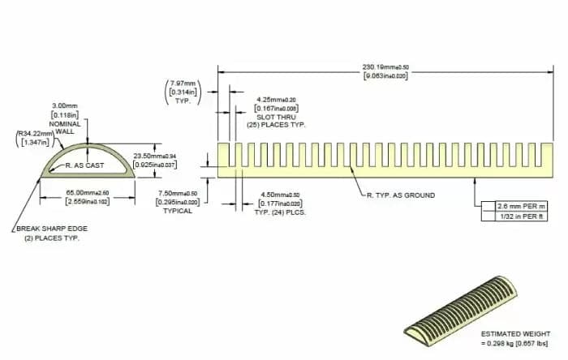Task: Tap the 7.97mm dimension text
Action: [183, 83]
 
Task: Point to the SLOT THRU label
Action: [276, 117]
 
